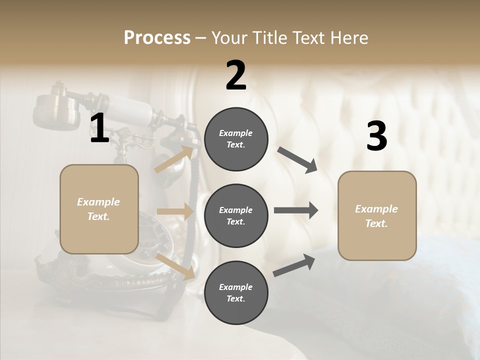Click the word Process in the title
point(157,38)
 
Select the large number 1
point(99,129)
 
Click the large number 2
point(236,75)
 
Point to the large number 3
point(376,136)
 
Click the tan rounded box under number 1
point(99,209)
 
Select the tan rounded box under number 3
point(377,216)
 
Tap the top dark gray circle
point(236,139)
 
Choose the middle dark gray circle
point(236,216)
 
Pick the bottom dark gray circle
point(236,293)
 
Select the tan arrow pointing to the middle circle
point(175,212)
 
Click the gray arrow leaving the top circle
point(297,160)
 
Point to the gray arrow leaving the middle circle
point(296,210)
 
